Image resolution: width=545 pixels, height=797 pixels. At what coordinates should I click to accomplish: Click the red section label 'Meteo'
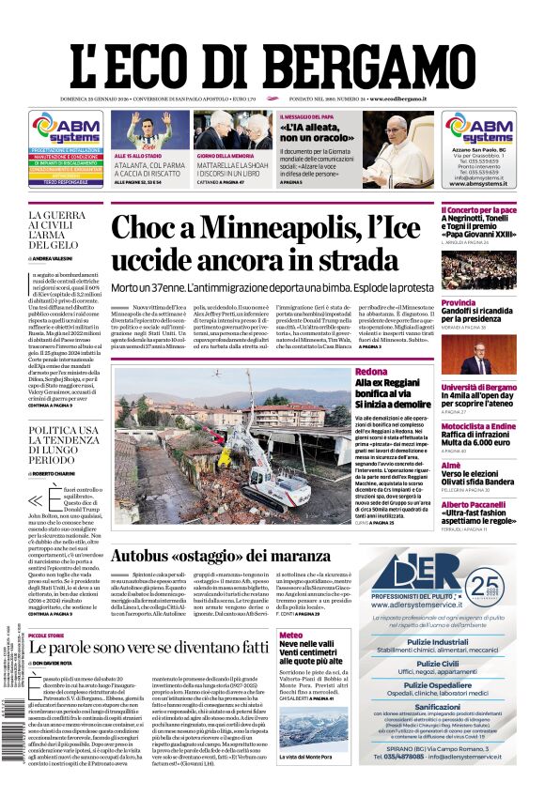click(291, 636)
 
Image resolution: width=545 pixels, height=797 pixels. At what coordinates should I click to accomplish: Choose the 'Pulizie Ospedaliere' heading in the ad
click(437, 685)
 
